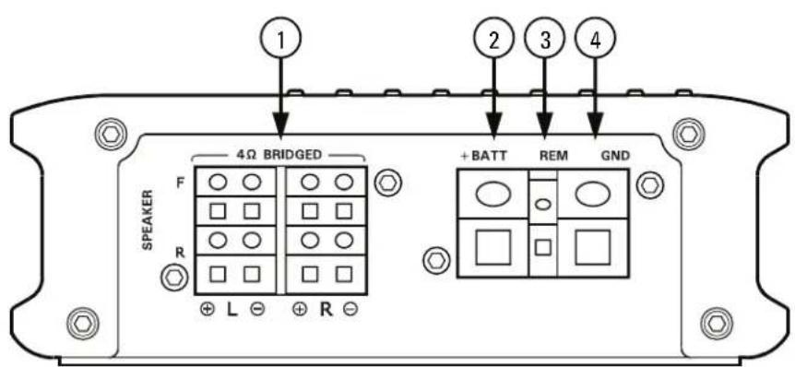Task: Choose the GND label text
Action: coord(613,156)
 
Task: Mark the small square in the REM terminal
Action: coord(544,247)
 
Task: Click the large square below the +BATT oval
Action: coord(493,246)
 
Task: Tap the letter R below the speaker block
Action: coord(326,309)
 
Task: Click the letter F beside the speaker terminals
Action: coord(180,182)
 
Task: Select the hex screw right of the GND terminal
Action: coord(651,183)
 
